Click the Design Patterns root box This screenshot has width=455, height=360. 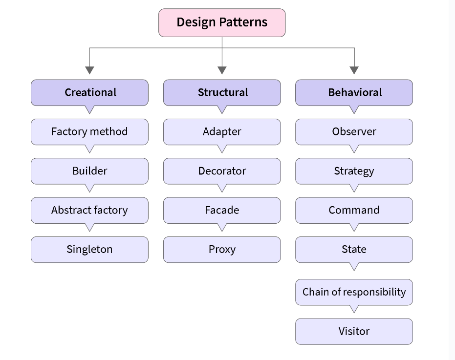coord(222,22)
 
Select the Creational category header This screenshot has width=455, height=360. coord(89,92)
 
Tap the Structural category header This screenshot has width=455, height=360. coord(222,92)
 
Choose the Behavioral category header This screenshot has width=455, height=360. coord(354,92)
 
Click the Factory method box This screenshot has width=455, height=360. coord(89,132)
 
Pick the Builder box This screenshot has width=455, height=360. coord(89,171)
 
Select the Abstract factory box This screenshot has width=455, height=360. coord(89,210)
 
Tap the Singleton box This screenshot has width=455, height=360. coord(89,250)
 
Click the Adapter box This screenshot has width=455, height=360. coord(222,132)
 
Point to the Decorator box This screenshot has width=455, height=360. coord(222,171)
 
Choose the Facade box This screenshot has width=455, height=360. coord(222,210)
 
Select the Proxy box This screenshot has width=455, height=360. coord(222,250)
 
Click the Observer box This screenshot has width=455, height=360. coord(354,132)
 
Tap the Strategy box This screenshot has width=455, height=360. coord(354,171)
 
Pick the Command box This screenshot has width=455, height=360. coord(354,210)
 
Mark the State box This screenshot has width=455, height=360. coord(354,250)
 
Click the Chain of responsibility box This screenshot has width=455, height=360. coord(354,292)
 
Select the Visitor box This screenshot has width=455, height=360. coord(354,331)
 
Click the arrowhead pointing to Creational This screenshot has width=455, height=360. coord(89,70)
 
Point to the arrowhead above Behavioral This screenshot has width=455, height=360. coord(354,70)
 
